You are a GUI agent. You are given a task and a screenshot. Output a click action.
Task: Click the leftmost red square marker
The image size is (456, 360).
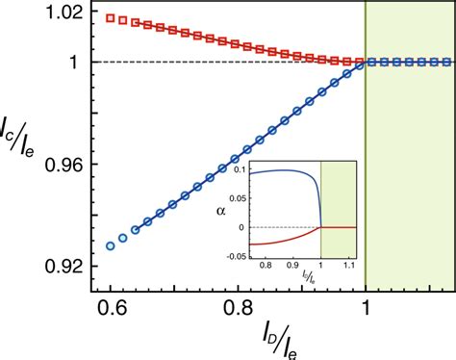111,17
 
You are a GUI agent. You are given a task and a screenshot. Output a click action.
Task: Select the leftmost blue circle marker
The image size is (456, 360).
111,246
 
